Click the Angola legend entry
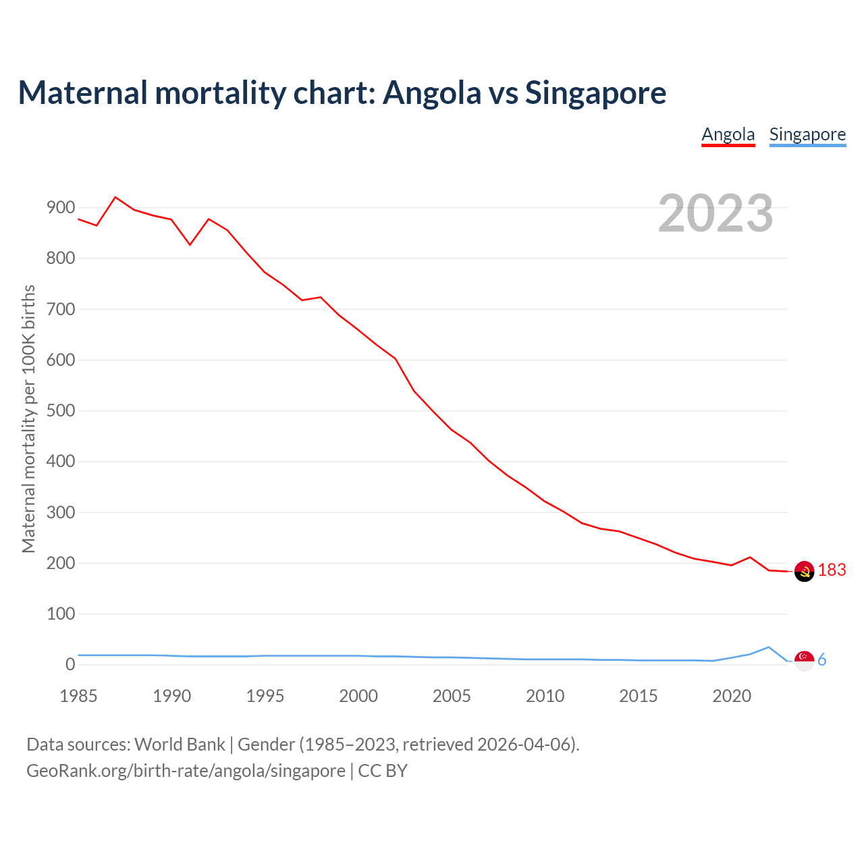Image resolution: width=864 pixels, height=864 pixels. [x=728, y=134]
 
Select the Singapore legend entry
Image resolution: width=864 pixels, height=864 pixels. [x=807, y=134]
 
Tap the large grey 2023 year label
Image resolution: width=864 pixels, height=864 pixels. [x=715, y=213]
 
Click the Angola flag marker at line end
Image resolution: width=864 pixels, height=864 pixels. [x=804, y=571]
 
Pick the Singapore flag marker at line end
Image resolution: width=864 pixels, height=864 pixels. [x=804, y=660]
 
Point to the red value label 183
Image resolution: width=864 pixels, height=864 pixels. [x=832, y=570]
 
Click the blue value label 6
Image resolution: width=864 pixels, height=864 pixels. [x=821, y=660]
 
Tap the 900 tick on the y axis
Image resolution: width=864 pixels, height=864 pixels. [x=61, y=208]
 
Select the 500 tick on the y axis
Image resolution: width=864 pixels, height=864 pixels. [x=61, y=411]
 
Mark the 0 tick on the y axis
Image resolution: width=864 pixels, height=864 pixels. [x=70, y=665]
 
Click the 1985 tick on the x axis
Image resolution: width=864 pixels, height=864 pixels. [x=78, y=696]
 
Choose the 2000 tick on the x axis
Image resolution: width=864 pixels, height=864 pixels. [x=358, y=696]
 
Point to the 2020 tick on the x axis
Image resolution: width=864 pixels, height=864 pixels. [x=732, y=696]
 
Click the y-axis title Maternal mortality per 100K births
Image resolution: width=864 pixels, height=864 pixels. [x=28, y=418]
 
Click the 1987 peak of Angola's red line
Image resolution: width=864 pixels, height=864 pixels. [x=115, y=197]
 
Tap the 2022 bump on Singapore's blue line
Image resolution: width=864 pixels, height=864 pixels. [x=768, y=647]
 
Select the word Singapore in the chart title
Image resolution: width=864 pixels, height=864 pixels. [x=595, y=92]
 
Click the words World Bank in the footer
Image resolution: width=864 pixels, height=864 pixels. [x=180, y=745]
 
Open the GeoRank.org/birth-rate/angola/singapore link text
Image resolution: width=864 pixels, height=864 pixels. [x=186, y=771]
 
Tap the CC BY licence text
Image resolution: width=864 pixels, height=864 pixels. [x=383, y=771]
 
